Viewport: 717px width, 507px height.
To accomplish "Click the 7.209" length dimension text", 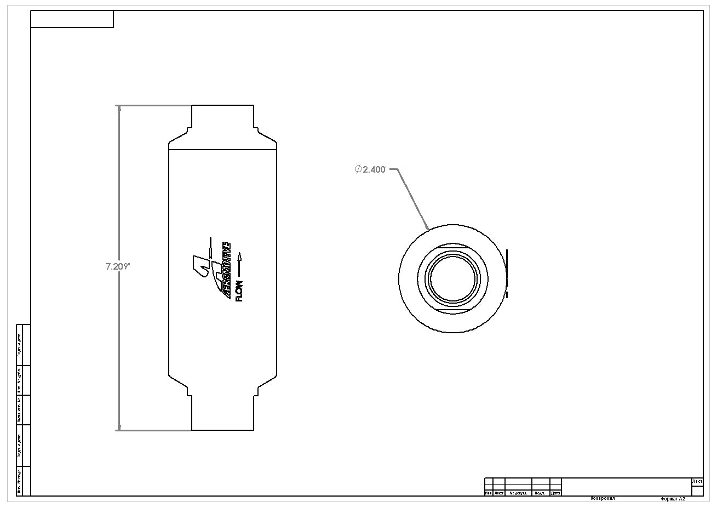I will (x=117, y=267).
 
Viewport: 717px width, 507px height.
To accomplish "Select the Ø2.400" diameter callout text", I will (x=371, y=169).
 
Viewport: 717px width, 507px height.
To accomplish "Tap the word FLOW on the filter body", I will (x=239, y=290).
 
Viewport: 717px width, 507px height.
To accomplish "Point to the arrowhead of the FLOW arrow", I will (x=239, y=255).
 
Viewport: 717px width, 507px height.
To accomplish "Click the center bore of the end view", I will (x=452, y=278).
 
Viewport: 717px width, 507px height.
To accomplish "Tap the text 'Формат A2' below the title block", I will (x=673, y=499).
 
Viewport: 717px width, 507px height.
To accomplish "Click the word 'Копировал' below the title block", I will (x=603, y=499).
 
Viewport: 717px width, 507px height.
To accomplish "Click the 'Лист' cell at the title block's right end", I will (x=697, y=482).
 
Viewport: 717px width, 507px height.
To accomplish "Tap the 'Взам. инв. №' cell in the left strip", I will (x=20, y=409).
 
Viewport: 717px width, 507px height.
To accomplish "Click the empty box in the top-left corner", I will (x=72, y=19).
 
